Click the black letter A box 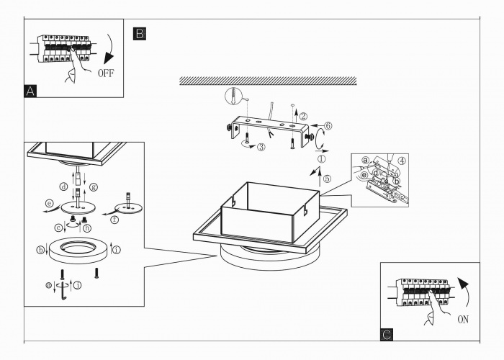tap(30, 91)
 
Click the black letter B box tap(140, 33)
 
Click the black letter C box tap(387, 334)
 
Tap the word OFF tap(105, 73)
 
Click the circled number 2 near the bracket tap(304, 115)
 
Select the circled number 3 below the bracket tap(261, 147)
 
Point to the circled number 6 tap(328, 125)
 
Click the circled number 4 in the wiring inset tap(402, 160)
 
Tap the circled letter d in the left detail tap(64, 187)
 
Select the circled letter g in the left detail tap(93, 187)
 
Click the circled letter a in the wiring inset tap(365, 159)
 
